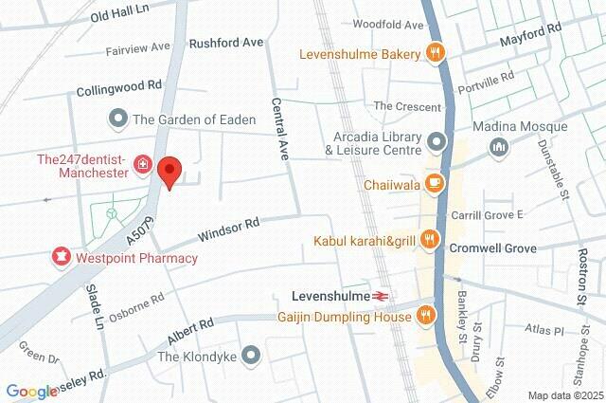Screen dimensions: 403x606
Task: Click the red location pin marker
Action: (x=169, y=173)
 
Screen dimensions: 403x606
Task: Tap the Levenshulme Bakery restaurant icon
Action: (x=436, y=54)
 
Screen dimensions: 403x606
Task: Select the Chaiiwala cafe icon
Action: (x=435, y=185)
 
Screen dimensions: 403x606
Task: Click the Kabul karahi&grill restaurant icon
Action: (x=430, y=240)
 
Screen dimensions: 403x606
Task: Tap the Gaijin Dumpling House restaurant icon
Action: (x=427, y=315)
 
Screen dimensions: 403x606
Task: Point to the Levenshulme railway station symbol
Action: (x=380, y=297)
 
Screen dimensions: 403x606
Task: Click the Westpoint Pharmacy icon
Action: (x=62, y=257)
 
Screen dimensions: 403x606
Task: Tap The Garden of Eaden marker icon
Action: (x=118, y=119)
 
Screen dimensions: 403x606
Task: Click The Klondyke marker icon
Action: (x=250, y=357)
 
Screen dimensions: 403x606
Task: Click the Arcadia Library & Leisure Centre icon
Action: (x=436, y=142)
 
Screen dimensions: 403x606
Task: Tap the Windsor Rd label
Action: (x=228, y=229)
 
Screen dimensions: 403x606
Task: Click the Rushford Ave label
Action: (x=226, y=43)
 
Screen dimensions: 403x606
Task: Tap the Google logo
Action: (x=31, y=392)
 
